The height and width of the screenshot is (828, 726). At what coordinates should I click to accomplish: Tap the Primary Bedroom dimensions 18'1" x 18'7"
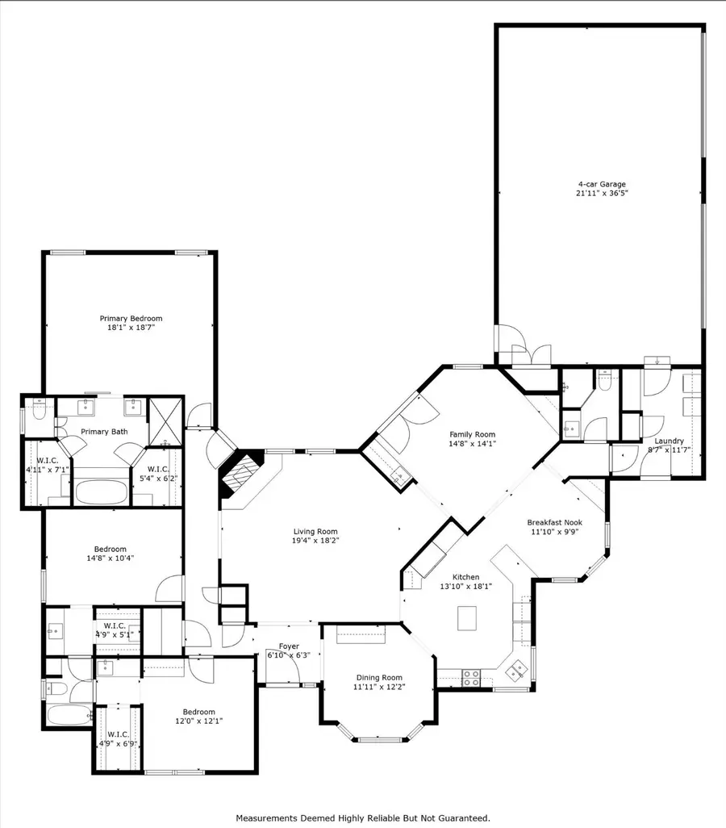[131, 328]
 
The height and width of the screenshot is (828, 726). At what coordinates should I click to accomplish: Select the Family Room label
[472, 434]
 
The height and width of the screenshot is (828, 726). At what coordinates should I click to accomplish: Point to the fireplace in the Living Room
[240, 478]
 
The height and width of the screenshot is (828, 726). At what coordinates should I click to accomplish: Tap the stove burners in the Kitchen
[471, 677]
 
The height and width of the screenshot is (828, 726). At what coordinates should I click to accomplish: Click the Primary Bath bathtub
[101, 491]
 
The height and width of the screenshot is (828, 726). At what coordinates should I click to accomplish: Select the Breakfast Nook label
[554, 522]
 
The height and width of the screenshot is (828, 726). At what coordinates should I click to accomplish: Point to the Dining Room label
[379, 677]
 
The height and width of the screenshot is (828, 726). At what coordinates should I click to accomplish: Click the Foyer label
[289, 646]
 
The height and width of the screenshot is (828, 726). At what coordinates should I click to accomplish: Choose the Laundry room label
[669, 441]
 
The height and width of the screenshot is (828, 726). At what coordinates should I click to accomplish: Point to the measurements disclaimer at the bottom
[362, 817]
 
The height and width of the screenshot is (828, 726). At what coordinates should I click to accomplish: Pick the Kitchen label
[465, 577]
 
